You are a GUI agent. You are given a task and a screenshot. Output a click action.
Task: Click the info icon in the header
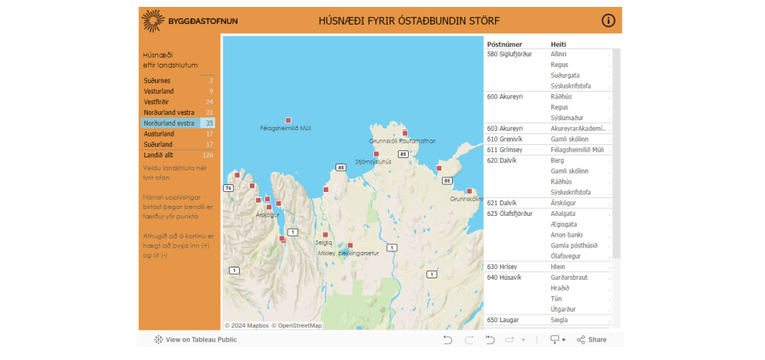(x=608, y=21)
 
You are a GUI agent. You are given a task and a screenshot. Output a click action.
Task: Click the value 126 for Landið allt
(x=207, y=155)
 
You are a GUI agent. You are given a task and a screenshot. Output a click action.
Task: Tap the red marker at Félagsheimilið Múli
(x=288, y=120)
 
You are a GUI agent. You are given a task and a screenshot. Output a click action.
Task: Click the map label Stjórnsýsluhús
(x=373, y=162)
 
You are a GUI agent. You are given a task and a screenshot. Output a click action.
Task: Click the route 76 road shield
(x=228, y=188)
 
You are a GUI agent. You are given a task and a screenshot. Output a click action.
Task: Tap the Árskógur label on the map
(x=267, y=215)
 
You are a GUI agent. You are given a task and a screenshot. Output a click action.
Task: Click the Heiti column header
(x=559, y=45)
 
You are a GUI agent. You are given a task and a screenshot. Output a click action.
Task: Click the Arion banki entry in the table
(x=567, y=234)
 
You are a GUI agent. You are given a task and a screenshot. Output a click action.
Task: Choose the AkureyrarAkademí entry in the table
(x=578, y=128)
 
